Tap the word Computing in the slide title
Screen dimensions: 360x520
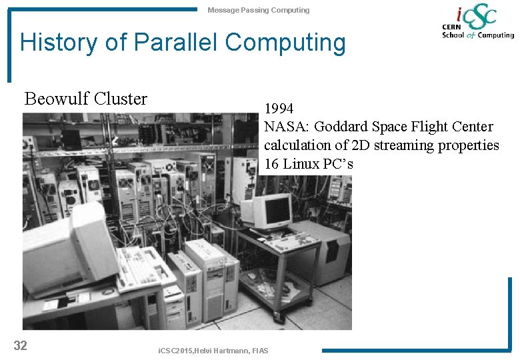coord(286,43)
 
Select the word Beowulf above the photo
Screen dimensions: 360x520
coord(57,99)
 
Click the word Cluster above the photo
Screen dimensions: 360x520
coord(121,99)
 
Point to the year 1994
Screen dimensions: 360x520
coord(279,108)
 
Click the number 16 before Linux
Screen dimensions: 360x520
coord(271,164)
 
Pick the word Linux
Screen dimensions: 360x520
coord(302,164)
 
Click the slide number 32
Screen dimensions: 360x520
coord(20,345)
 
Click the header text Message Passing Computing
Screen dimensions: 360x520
coord(258,10)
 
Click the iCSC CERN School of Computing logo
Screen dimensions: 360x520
coord(477,23)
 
